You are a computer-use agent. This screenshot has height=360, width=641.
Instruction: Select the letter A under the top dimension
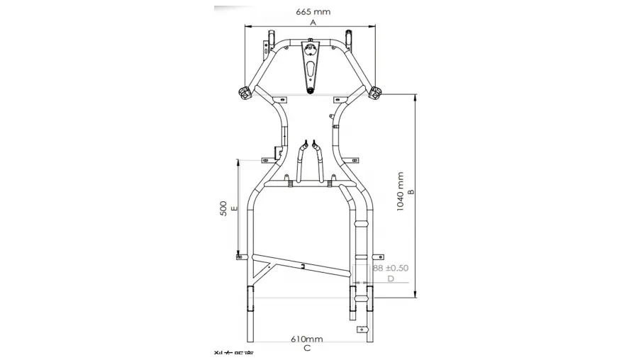pyautogui.click(x=312, y=22)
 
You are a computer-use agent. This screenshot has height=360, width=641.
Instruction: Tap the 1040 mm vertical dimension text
pyautogui.click(x=400, y=191)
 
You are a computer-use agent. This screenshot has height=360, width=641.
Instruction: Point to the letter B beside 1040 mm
pyautogui.click(x=411, y=191)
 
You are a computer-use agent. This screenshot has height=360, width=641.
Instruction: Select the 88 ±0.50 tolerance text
pyautogui.click(x=391, y=268)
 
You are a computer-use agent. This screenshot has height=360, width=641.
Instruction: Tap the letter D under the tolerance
pyautogui.click(x=391, y=279)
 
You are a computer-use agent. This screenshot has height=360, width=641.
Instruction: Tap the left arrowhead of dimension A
pyautogui.click(x=247, y=26)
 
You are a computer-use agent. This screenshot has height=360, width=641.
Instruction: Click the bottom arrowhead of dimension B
pyautogui.click(x=415, y=294)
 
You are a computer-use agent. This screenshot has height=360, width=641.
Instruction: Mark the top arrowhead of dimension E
pyautogui.click(x=239, y=162)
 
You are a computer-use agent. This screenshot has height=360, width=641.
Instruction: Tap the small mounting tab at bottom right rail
pyautogui.click(x=364, y=330)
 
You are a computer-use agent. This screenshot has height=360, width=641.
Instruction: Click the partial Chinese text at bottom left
pyautogui.click(x=234, y=354)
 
